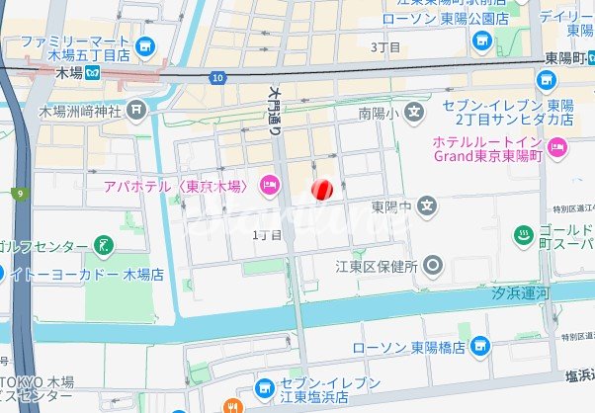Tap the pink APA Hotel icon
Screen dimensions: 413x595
268,185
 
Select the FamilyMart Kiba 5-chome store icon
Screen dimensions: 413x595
146,45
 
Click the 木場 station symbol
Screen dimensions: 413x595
91,72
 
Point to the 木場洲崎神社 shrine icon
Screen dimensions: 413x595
136,111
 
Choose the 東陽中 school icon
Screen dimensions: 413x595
426,206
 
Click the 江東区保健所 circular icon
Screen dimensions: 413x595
432,265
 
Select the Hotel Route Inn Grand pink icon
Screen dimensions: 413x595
557,148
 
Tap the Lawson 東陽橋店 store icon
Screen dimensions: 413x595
479,346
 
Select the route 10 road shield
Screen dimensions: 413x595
216,76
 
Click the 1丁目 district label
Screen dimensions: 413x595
267,234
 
